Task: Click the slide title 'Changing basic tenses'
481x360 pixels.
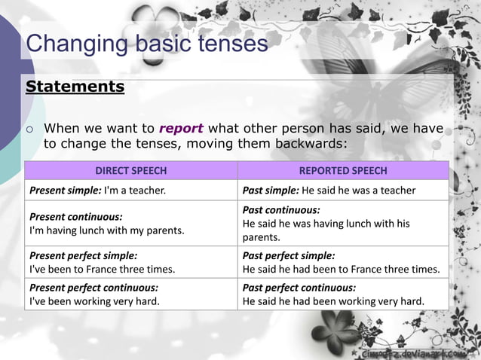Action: click(147, 44)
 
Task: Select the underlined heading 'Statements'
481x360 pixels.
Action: click(75, 86)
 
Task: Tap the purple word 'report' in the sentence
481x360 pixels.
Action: click(180, 128)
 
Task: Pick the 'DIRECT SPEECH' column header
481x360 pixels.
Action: click(131, 171)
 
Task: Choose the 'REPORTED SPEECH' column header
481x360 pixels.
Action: click(343, 171)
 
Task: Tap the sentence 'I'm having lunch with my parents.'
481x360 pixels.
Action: click(106, 230)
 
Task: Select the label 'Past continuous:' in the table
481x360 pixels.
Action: click(280, 210)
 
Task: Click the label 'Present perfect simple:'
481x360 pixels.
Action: click(83, 255)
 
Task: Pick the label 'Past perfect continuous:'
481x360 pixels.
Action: click(299, 288)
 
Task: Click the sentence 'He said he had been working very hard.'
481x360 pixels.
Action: click(333, 301)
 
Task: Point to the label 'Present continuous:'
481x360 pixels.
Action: click(75, 216)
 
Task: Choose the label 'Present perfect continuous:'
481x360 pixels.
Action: click(93, 288)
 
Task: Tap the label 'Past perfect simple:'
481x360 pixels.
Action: click(289, 255)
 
